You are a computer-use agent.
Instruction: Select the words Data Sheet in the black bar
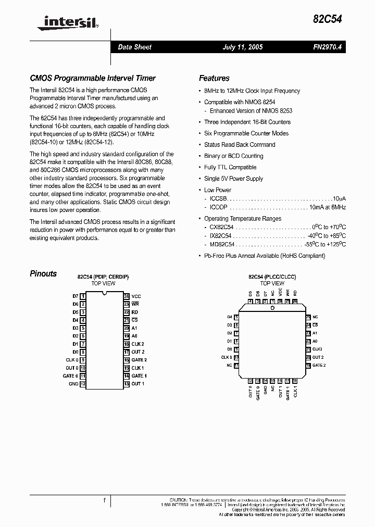pos(134,47)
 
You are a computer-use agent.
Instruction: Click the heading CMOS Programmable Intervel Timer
pos(93,78)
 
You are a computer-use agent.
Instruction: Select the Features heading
pos(214,78)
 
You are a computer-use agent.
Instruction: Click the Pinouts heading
pos(43,274)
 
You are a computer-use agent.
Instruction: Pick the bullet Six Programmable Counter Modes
pos(246,133)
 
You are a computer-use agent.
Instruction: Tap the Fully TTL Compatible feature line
pos(230,167)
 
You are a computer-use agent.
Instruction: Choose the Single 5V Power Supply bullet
pos(234,179)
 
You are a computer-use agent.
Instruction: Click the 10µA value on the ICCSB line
pos(340,199)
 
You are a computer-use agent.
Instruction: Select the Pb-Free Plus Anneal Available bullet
pos(264,256)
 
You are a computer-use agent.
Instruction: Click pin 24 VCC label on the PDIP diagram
pos(136,296)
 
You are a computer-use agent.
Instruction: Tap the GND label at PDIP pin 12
pos(73,384)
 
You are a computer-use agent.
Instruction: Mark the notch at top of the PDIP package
pos(106,294)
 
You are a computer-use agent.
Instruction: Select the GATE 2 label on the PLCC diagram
pos(319,366)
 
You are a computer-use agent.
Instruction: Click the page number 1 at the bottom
pos(104,500)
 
